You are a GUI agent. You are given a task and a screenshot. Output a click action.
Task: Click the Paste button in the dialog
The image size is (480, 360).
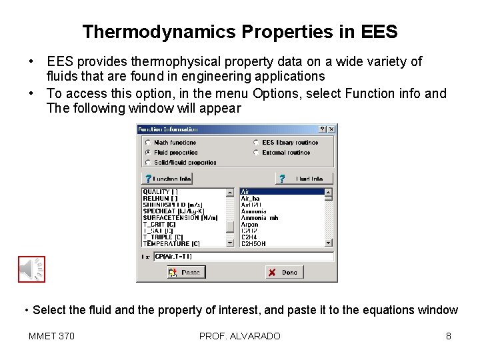(x=185, y=272)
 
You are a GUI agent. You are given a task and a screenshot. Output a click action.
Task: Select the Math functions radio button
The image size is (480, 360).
(x=147, y=143)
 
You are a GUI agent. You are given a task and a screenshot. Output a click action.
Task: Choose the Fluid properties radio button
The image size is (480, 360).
(x=147, y=153)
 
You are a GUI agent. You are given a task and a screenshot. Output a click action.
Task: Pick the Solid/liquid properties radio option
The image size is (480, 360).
(x=147, y=163)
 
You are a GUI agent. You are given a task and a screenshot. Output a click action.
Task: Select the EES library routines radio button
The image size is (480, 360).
(x=256, y=143)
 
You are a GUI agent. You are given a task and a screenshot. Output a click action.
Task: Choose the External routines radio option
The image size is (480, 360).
(x=256, y=153)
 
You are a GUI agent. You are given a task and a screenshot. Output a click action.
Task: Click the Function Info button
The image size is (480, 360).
(x=167, y=179)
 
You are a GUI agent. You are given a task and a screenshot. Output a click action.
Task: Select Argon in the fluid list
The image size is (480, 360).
(x=250, y=225)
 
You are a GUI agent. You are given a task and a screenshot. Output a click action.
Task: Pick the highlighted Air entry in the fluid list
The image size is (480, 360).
(x=280, y=192)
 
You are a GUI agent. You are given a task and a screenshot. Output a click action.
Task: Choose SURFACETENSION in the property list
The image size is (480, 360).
(x=180, y=218)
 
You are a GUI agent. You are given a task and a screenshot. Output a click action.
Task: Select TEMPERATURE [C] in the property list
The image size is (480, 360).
(x=171, y=244)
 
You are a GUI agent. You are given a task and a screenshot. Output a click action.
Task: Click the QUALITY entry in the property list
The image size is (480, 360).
(x=160, y=192)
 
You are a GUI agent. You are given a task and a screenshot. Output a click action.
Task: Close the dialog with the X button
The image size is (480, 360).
(x=331, y=129)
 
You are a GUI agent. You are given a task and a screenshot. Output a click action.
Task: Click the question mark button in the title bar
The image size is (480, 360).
(x=323, y=129)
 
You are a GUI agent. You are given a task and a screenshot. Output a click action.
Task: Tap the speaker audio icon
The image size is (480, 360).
(x=31, y=269)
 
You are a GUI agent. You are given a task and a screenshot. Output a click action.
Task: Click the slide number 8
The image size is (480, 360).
(x=449, y=336)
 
